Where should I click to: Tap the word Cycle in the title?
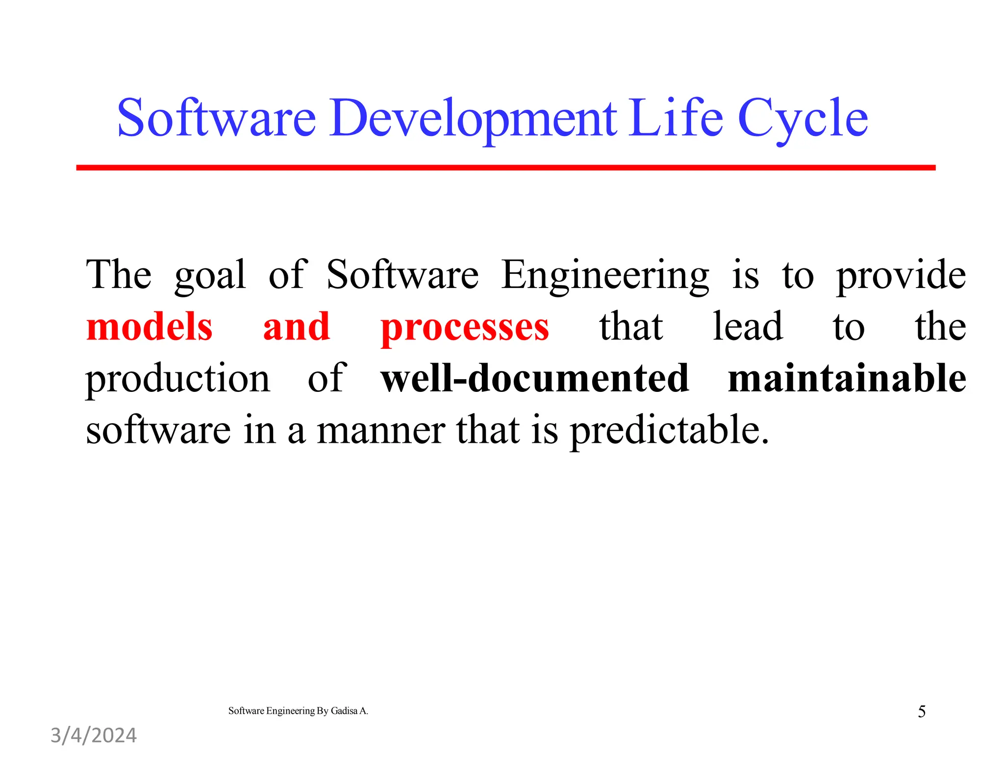[x=803, y=118]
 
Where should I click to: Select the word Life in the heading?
[x=677, y=118]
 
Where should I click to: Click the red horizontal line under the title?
[x=505, y=168]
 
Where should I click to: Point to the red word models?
[x=150, y=327]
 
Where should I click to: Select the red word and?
[x=296, y=327]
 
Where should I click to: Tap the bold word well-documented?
[x=535, y=378]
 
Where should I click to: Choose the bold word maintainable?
[x=847, y=378]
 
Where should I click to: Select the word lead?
[x=748, y=327]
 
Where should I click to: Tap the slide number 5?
[x=922, y=711]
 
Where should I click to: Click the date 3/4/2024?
[x=94, y=735]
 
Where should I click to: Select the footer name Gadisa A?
[x=349, y=711]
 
